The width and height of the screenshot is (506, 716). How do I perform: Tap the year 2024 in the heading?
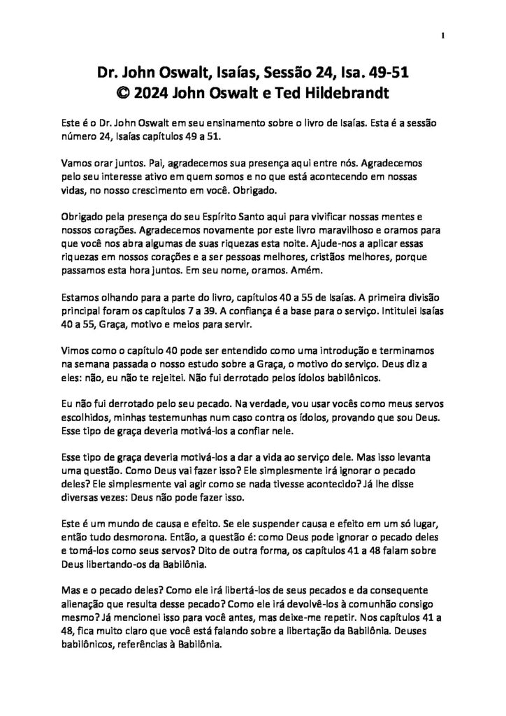pos(151,90)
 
